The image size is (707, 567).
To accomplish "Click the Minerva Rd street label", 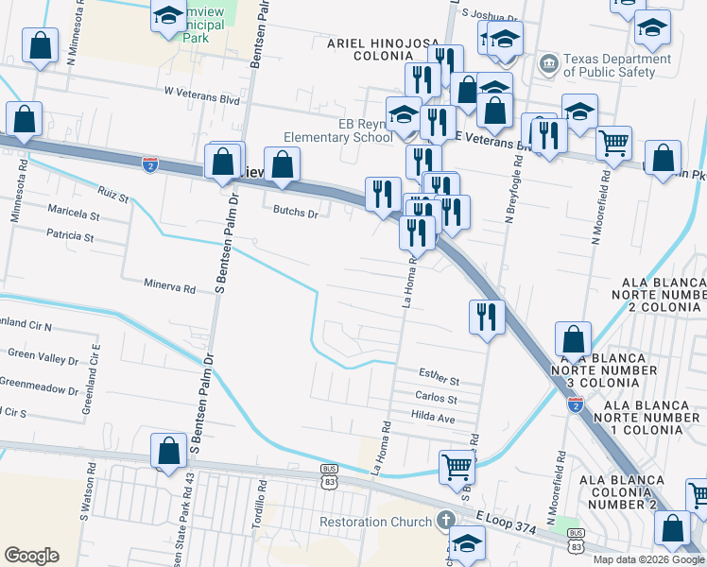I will [x=169, y=283].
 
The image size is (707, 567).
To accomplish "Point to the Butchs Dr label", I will [x=296, y=211].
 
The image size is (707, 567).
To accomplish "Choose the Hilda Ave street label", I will [x=434, y=417].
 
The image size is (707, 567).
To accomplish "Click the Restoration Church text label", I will [x=375, y=522].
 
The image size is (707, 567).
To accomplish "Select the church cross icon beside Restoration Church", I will [x=445, y=521].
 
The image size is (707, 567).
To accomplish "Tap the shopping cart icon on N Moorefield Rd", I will [x=614, y=143].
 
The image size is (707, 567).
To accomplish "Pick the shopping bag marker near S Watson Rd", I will [x=168, y=450].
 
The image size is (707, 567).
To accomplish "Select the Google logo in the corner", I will [x=31, y=556].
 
